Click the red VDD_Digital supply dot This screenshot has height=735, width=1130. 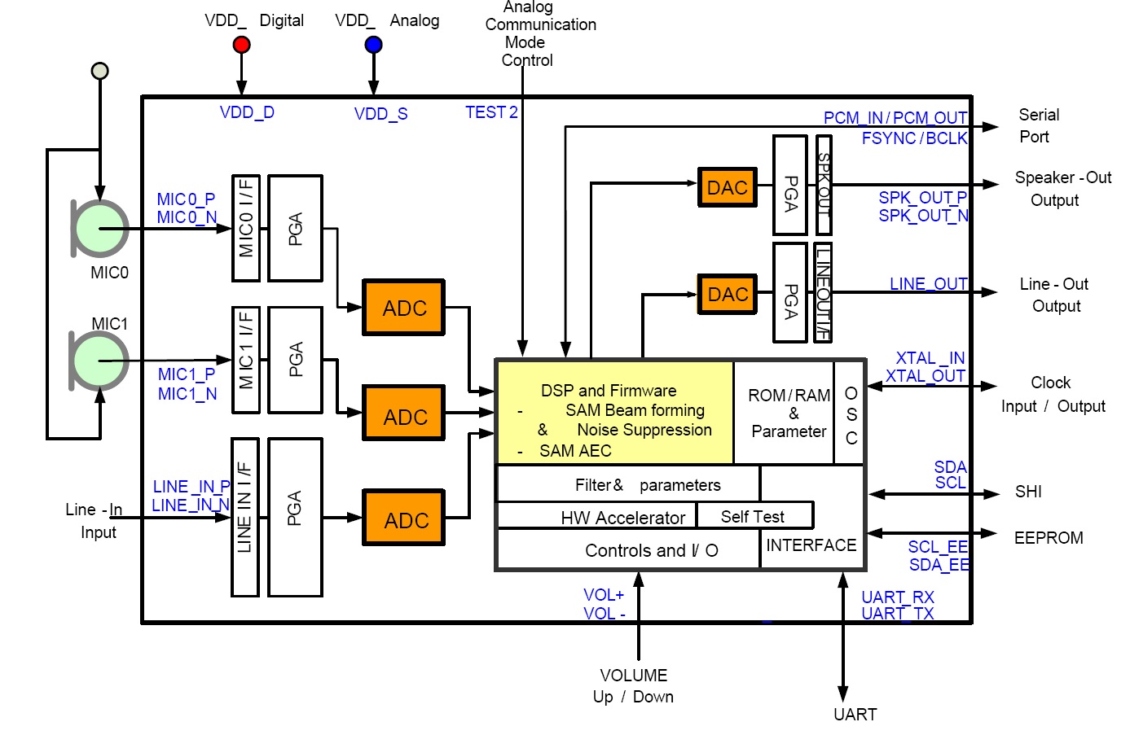pyautogui.click(x=241, y=45)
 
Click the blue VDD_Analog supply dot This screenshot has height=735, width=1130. pyautogui.click(x=373, y=45)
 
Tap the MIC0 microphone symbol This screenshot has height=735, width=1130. pyautogui.click(x=100, y=229)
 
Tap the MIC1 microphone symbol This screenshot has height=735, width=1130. pyautogui.click(x=100, y=361)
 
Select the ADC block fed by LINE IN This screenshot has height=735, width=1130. pyautogui.click(x=404, y=518)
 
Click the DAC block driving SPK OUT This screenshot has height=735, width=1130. pyautogui.click(x=727, y=188)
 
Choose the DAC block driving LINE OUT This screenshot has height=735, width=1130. pyautogui.click(x=727, y=294)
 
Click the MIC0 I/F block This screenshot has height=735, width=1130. pyautogui.click(x=246, y=228)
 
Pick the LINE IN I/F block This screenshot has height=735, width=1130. pyautogui.click(x=245, y=517)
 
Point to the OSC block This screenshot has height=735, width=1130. pyautogui.click(x=851, y=413)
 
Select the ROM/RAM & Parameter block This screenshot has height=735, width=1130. pyautogui.click(x=788, y=413)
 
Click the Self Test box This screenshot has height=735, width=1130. pyautogui.click(x=753, y=517)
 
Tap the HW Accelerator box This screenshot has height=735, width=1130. pyautogui.click(x=622, y=518)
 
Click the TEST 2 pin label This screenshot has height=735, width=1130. pyautogui.click(x=491, y=112)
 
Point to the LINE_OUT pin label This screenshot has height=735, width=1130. pyautogui.click(x=928, y=284)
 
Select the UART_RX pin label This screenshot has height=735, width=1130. pyautogui.click(x=898, y=597)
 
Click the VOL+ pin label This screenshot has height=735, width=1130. pyautogui.click(x=604, y=595)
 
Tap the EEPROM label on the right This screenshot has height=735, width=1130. pyautogui.click(x=1048, y=538)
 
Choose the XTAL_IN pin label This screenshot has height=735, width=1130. pyautogui.click(x=930, y=358)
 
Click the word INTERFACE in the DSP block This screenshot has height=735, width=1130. pyautogui.click(x=811, y=545)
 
